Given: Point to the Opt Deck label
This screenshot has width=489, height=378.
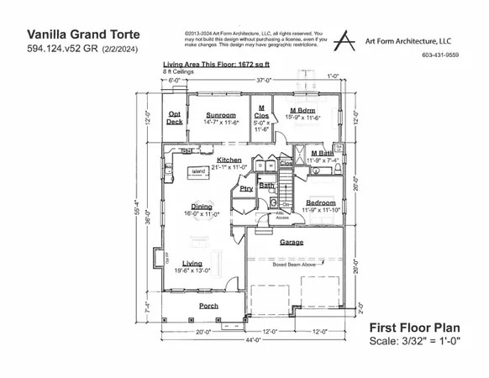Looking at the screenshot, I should [x=175, y=118].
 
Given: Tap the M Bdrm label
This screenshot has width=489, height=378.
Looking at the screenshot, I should [x=302, y=110].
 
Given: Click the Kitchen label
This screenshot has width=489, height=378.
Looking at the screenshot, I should [x=229, y=160].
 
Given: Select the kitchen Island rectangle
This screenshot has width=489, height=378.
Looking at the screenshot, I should [x=199, y=172].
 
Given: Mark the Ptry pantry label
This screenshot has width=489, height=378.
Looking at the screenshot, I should [x=246, y=189].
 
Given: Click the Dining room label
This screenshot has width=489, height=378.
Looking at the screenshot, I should [x=202, y=207].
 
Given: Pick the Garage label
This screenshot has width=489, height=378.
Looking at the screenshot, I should [x=292, y=243].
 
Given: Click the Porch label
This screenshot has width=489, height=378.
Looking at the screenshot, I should [x=208, y=306].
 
